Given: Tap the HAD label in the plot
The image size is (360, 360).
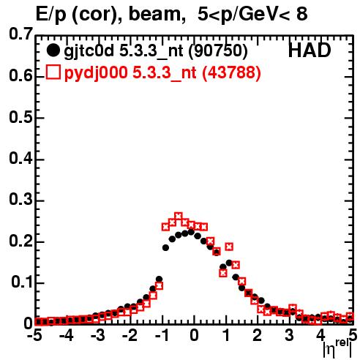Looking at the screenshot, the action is pyautogui.click(x=310, y=50).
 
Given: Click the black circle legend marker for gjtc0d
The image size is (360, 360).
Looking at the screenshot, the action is pyautogui.click(x=53, y=50).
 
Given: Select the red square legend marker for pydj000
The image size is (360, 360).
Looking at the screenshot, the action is pyautogui.click(x=53, y=72).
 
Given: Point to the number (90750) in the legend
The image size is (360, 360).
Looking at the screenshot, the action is pyautogui.click(x=218, y=51).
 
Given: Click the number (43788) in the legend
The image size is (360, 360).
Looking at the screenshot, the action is pyautogui.click(x=231, y=72).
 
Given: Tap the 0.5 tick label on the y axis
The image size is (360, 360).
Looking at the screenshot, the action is pyautogui.click(x=20, y=117).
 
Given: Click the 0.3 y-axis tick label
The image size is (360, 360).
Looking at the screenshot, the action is pyautogui.click(x=20, y=200).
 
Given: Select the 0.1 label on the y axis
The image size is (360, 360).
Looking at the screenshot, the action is pyautogui.click(x=22, y=282).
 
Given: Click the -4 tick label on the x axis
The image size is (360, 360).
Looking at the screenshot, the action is pyautogui.click(x=66, y=336).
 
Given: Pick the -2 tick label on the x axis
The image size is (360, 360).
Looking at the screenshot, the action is pyautogui.click(x=130, y=336).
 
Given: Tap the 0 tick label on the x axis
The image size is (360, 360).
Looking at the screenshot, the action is pyautogui.click(x=194, y=336).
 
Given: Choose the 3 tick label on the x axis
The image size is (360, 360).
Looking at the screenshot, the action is pyautogui.click(x=290, y=336).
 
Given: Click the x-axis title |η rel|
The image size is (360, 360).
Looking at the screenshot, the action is pyautogui.click(x=337, y=349).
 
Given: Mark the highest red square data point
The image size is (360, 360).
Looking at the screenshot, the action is pyautogui.click(x=179, y=217).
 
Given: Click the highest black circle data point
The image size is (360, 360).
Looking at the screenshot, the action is pyautogui.click(x=191, y=232).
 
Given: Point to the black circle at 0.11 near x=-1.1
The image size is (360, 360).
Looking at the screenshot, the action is pyautogui.click(x=159, y=279).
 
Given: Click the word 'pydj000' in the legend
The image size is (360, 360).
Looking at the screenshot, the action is pyautogui.click(x=96, y=73).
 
